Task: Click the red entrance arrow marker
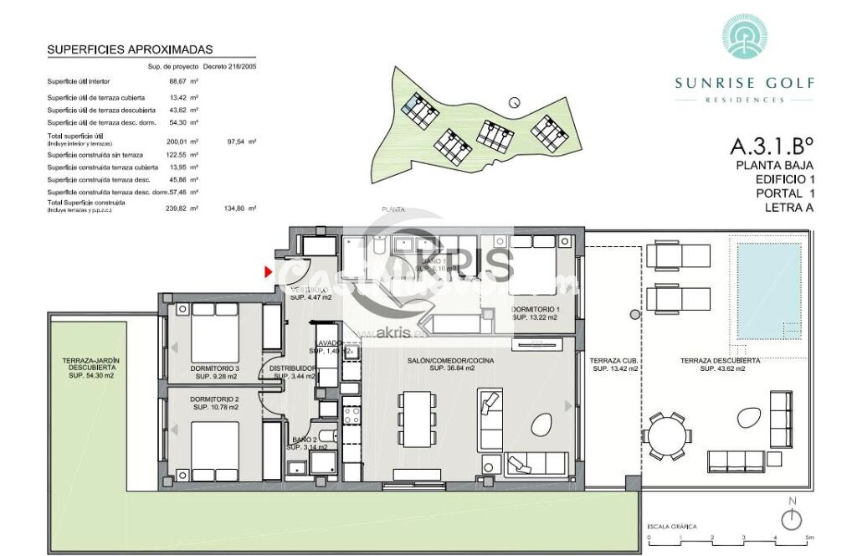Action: (268, 271)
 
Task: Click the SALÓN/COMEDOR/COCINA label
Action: (452, 364)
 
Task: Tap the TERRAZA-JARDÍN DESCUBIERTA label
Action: (91, 368)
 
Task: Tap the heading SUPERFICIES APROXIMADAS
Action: (130, 50)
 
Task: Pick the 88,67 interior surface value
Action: (177, 81)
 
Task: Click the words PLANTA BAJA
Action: (774, 166)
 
